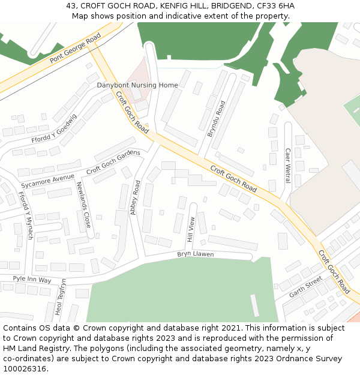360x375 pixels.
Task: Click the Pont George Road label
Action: coord(76,49)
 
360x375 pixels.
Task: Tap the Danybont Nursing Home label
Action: coord(137,85)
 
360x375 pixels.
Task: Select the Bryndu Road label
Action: coord(216,119)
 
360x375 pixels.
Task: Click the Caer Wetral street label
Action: coord(287,166)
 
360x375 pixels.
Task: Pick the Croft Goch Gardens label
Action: coord(113,162)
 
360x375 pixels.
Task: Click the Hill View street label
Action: coord(191,230)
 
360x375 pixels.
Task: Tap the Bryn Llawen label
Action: coord(195,254)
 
